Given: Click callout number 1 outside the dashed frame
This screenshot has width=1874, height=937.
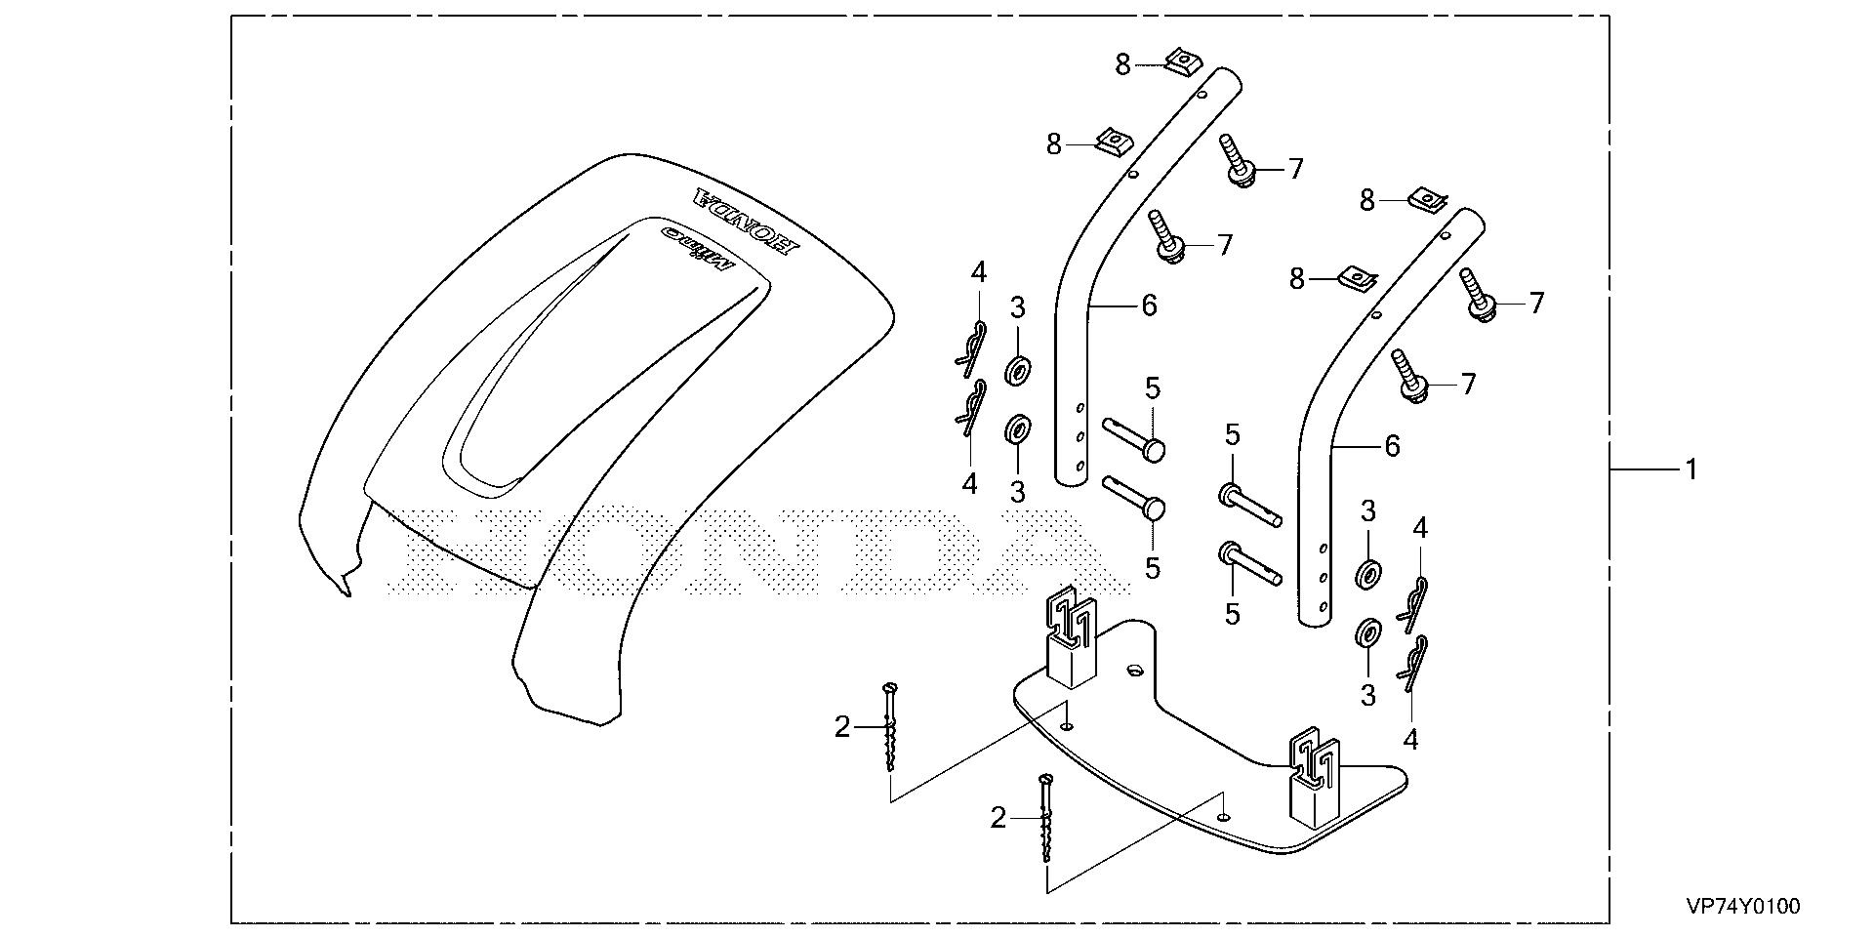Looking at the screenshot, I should point(1691,469).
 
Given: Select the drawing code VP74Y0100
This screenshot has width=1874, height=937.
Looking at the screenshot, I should point(1742,907).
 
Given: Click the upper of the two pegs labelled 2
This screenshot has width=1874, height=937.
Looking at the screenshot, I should point(889,727).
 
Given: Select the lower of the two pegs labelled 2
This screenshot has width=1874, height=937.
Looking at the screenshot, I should point(1046,818).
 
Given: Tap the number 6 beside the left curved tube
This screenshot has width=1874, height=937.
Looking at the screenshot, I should point(1149,306).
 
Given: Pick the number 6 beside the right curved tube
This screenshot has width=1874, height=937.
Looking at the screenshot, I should point(1392,446).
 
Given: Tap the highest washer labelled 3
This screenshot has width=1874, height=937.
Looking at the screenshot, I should point(1019,370).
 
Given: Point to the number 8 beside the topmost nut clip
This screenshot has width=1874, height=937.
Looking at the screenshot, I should point(1122,64).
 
